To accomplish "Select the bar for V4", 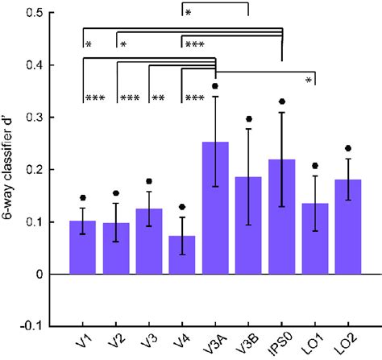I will [x=182, y=254].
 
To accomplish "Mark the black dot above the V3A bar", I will [x=215, y=85].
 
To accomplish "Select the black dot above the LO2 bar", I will [x=347, y=148].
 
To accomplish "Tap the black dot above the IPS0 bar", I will [x=281, y=101].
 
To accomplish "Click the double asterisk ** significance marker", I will [x=159, y=98].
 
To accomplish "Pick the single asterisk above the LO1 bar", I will [x=308, y=79].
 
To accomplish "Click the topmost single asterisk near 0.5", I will [x=188, y=13].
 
